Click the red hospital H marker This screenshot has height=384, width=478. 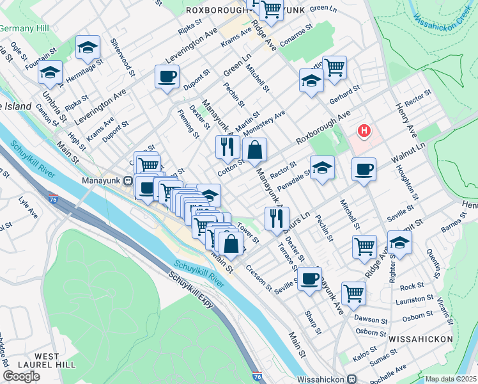pyautogui.click(x=364, y=132)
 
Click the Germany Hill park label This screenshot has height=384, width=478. pyautogui.click(x=24, y=29)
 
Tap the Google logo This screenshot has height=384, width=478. pyautogui.click(x=21, y=376)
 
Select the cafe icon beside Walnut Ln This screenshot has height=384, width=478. pyautogui.click(x=364, y=170)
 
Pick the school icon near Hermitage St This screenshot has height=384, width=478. pyautogui.click(x=88, y=47)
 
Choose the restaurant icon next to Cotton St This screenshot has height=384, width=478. pyautogui.click(x=227, y=147)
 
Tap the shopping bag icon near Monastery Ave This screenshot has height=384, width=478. pyautogui.click(x=254, y=150)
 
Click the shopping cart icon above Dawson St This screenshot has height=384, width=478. pyautogui.click(x=353, y=293)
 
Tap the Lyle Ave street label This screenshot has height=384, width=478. pyautogui.click(x=28, y=209)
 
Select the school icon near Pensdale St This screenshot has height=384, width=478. pyautogui.click(x=322, y=169)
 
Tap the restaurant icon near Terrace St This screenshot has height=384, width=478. pyautogui.click(x=277, y=219)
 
